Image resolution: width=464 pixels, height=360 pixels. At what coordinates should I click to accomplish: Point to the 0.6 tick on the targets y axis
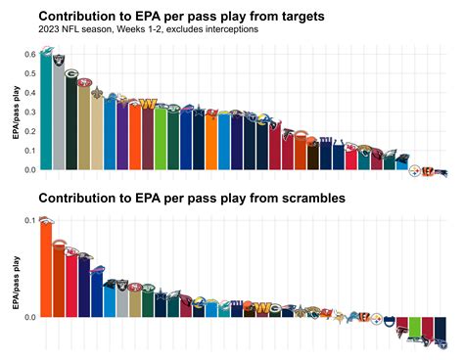[30, 55]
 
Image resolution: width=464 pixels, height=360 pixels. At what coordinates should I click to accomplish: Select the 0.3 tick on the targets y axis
[30, 112]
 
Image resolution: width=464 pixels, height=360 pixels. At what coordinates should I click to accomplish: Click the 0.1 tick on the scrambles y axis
[30, 221]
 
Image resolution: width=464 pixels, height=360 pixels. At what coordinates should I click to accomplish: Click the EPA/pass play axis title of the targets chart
[15, 112]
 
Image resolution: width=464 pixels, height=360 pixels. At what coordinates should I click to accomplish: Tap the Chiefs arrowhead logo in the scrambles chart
[71, 251]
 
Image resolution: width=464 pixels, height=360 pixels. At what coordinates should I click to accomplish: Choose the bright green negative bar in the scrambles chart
[415, 327]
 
